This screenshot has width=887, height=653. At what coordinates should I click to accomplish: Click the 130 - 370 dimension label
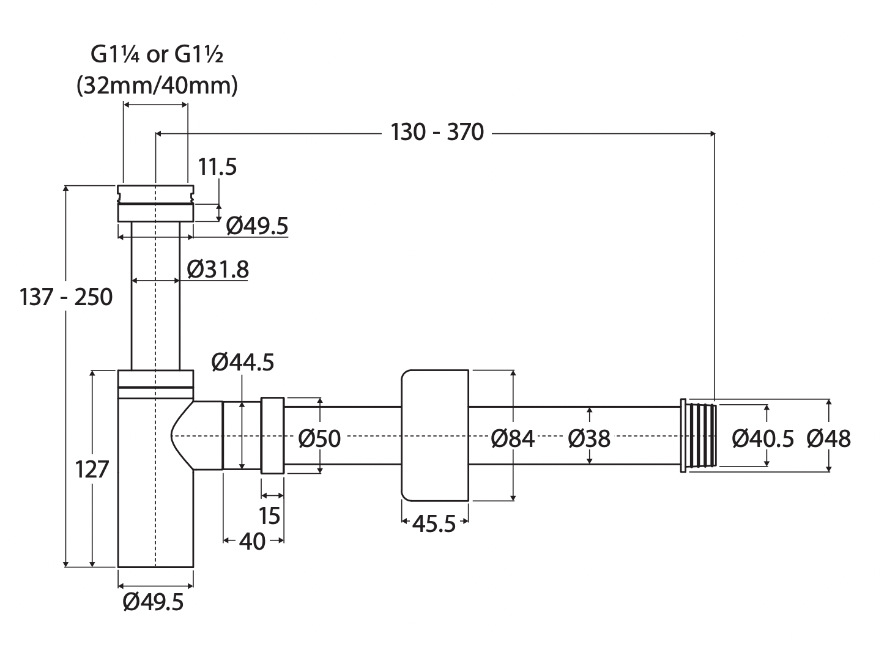437,131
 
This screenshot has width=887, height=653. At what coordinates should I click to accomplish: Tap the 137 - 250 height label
66,297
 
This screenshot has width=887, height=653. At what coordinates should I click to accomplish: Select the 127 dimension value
92,470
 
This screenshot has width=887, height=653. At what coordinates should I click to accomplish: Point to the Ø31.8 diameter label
218,268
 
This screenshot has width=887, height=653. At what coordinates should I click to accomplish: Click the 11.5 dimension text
217,166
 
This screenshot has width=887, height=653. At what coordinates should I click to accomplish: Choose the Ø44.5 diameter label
242,363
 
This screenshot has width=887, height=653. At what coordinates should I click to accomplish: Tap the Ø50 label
319,438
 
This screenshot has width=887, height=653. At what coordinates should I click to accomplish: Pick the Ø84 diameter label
513,438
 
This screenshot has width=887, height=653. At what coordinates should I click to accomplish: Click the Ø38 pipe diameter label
588,438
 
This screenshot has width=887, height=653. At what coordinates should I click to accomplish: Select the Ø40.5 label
763,438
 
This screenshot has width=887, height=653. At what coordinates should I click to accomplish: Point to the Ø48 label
828,438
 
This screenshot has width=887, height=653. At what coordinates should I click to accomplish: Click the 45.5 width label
434,523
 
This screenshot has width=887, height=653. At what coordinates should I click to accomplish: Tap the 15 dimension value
269,515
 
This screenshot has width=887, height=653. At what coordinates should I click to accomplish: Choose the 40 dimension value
252,542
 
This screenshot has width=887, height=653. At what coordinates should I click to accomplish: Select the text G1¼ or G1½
157,55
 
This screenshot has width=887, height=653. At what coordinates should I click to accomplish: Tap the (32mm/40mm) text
157,86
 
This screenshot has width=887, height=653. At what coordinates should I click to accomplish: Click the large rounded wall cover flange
434,435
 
